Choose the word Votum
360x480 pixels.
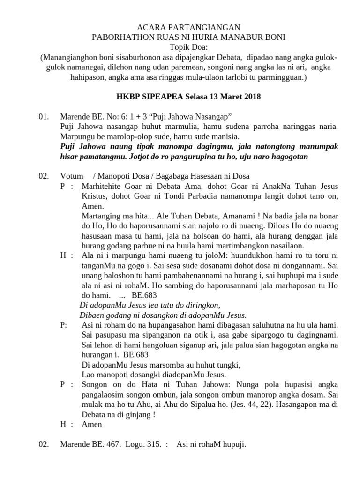(x=71, y=176)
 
